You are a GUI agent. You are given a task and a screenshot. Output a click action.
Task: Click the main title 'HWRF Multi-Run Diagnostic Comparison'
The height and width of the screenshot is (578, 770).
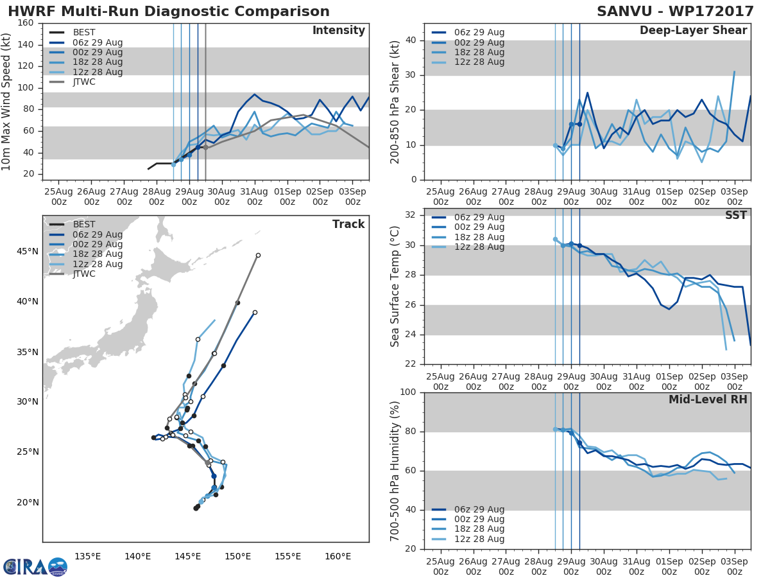[169, 12]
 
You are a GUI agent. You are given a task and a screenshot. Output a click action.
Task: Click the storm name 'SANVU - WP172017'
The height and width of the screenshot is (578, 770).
[675, 12]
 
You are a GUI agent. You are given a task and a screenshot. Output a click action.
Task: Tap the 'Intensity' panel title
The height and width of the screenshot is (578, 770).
[338, 31]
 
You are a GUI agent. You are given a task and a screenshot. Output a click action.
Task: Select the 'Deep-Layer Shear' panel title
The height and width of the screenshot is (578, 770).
[693, 31]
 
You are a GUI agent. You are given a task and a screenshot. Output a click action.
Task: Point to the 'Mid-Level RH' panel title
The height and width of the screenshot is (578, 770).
[708, 400]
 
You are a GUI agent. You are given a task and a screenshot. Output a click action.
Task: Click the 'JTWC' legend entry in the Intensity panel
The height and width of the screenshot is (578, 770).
[85, 82]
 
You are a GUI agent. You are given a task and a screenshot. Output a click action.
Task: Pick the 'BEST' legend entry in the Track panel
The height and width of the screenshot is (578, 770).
[84, 224]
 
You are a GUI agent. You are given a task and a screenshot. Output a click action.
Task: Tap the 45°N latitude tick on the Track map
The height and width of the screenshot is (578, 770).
[29, 251]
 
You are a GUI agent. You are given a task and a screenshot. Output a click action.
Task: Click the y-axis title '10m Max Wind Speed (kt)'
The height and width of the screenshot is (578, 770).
[7, 101]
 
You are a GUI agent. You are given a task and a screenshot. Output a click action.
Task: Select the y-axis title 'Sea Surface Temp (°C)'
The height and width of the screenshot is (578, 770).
[395, 286]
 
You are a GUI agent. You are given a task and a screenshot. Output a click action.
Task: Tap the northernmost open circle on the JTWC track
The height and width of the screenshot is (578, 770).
[258, 255]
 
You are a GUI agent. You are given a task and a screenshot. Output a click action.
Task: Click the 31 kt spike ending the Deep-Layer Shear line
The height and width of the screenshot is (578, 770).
[734, 71]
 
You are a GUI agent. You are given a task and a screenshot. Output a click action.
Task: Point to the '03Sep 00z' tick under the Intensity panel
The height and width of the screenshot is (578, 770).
[352, 197]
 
